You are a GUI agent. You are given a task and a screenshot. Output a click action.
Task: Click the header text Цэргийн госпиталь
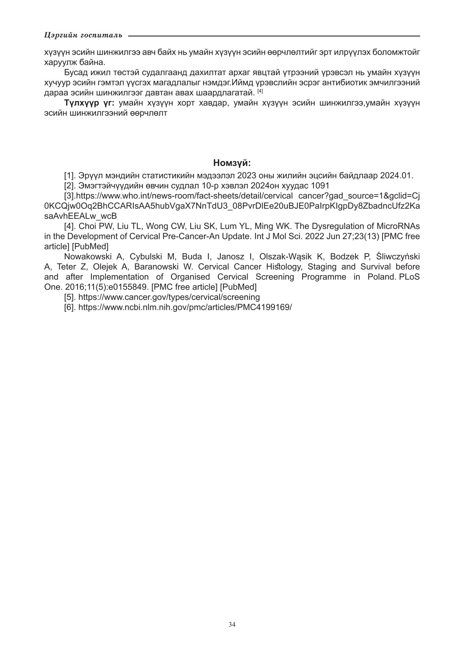(83, 35)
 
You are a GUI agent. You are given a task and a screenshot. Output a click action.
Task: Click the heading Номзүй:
(232, 163)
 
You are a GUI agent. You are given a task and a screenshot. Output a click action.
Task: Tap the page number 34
(232, 624)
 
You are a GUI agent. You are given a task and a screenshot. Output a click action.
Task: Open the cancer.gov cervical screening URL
(169, 297)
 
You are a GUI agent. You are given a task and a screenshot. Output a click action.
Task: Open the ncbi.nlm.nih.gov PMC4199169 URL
(185, 307)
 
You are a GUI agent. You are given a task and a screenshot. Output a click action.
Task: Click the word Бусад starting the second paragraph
(75, 72)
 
